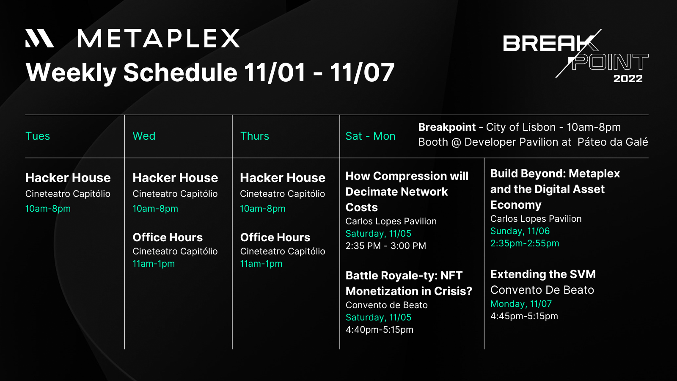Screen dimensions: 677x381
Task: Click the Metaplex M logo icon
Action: click(x=40, y=38)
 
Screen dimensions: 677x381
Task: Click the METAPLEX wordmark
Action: click(x=159, y=39)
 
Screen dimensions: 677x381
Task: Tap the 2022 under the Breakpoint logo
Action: click(x=628, y=79)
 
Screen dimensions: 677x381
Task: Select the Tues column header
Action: click(x=38, y=136)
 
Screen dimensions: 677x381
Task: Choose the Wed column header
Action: click(x=144, y=136)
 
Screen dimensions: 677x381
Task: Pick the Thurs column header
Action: click(x=254, y=136)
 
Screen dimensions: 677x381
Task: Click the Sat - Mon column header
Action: click(x=370, y=136)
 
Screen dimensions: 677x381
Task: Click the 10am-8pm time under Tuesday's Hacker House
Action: click(x=48, y=208)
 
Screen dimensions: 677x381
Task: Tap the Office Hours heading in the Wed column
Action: click(x=168, y=237)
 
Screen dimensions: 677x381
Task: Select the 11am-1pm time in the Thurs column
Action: click(x=261, y=264)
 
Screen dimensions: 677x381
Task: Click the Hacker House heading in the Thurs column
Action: click(x=283, y=178)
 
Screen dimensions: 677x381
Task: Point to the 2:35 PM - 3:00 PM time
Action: click(x=385, y=246)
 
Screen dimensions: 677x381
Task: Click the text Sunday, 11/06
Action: click(x=520, y=231)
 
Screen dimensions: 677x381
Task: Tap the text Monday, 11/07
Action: click(x=521, y=304)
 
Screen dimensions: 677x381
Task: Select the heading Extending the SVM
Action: click(x=543, y=274)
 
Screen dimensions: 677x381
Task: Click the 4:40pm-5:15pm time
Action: click(x=379, y=330)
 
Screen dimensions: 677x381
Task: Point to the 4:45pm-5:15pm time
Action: click(x=524, y=316)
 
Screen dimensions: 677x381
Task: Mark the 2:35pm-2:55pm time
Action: click(x=525, y=243)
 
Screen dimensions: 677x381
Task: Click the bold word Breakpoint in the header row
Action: click(x=447, y=127)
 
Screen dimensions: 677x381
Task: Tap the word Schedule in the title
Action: click(x=180, y=72)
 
